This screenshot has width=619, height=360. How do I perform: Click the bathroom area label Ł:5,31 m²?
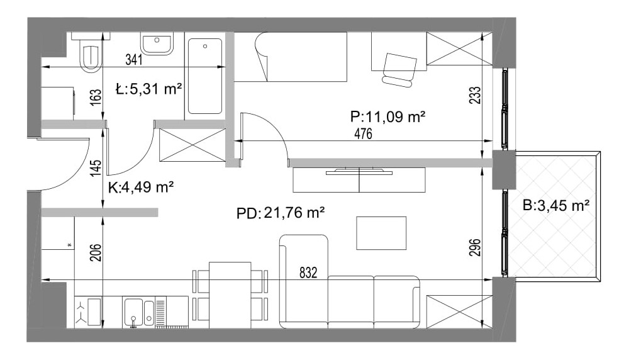click(x=149, y=89)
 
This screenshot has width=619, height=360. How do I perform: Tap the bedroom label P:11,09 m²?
click(x=388, y=116)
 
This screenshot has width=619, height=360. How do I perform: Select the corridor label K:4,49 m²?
click(x=141, y=187)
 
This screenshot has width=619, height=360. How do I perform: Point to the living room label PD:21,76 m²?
click(x=281, y=213)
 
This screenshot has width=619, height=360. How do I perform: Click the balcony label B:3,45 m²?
click(x=556, y=205)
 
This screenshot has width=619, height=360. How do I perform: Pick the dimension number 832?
click(x=308, y=273)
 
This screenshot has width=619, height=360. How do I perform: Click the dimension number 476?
click(x=363, y=134)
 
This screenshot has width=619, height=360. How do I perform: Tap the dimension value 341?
click(x=134, y=60)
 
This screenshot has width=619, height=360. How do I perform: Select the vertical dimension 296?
click(x=475, y=248)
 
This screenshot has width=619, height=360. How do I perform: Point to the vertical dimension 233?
click(x=475, y=95)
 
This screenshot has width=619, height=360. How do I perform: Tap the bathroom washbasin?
click(x=157, y=43)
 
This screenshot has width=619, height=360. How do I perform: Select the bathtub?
click(x=205, y=76)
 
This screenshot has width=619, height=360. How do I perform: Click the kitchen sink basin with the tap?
click(x=133, y=312)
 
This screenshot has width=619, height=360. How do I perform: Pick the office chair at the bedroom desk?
click(x=399, y=70)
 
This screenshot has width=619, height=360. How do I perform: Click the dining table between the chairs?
click(x=230, y=295)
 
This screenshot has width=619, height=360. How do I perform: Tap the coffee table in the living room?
click(x=381, y=233)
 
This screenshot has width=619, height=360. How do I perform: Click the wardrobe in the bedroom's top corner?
click(x=459, y=48)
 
